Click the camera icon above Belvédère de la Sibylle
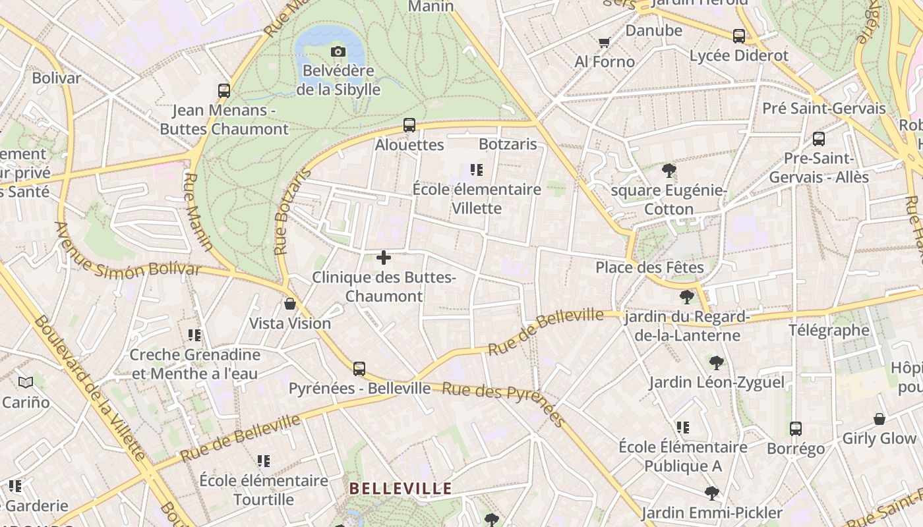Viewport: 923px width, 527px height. (x=338, y=51)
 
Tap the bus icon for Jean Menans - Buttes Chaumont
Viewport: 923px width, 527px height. (x=224, y=91)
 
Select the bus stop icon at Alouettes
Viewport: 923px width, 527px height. (x=409, y=125)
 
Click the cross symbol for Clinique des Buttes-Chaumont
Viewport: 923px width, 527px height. (x=384, y=258)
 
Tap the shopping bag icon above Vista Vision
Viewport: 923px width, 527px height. (x=289, y=304)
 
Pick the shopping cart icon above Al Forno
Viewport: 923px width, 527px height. (x=604, y=43)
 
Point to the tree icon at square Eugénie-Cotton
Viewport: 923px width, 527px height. (x=669, y=171)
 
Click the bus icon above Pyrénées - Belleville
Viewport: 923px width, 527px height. (x=359, y=369)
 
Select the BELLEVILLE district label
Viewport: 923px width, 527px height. (x=400, y=489)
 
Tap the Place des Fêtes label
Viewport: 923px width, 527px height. (x=649, y=267)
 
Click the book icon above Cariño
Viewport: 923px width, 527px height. (x=26, y=382)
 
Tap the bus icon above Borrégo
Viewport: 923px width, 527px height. (x=796, y=429)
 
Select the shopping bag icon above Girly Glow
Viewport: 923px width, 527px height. (x=879, y=419)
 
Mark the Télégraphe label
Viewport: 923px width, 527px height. (x=829, y=330)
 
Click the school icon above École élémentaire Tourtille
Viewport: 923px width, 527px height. (x=264, y=461)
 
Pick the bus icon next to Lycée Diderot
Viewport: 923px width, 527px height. (x=739, y=36)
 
